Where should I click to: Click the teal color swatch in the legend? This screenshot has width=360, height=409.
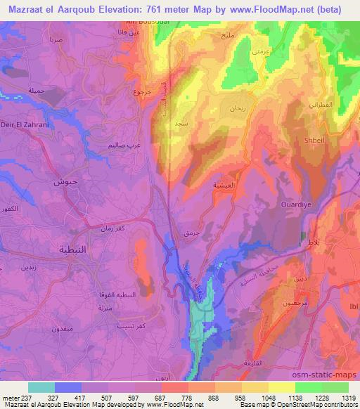coord(41,387)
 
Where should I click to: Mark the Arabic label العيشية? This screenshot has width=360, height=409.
coord(223,185)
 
